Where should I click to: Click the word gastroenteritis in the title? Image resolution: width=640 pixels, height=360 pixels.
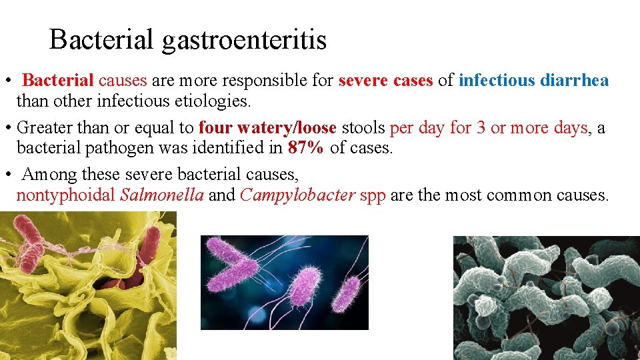click(245, 40)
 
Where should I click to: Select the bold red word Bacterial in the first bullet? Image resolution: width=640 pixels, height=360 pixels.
click(59, 81)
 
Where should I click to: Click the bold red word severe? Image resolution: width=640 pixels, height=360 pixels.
click(363, 81)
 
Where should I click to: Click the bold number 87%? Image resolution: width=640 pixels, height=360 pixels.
click(306, 148)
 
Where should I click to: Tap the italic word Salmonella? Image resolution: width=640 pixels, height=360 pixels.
click(162, 195)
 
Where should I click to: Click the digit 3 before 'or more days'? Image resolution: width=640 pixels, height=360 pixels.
click(481, 127)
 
